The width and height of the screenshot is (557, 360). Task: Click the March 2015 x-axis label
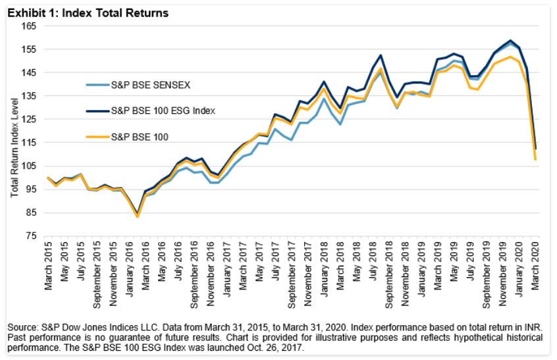coord(47,263)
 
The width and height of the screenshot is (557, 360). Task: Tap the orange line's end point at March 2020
coord(535,160)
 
